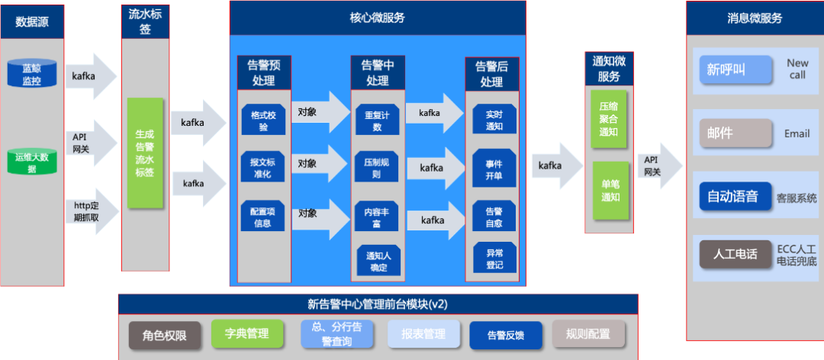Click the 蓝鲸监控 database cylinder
(x=32, y=74)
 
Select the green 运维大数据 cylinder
(x=32, y=162)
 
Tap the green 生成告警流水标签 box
(x=145, y=153)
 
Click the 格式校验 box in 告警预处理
(x=263, y=121)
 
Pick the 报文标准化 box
(x=263, y=168)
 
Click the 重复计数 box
(x=377, y=121)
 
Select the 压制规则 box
(x=377, y=169)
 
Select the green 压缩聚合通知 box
(x=609, y=119)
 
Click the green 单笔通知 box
(x=609, y=191)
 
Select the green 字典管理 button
(x=246, y=333)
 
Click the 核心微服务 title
(x=377, y=17)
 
